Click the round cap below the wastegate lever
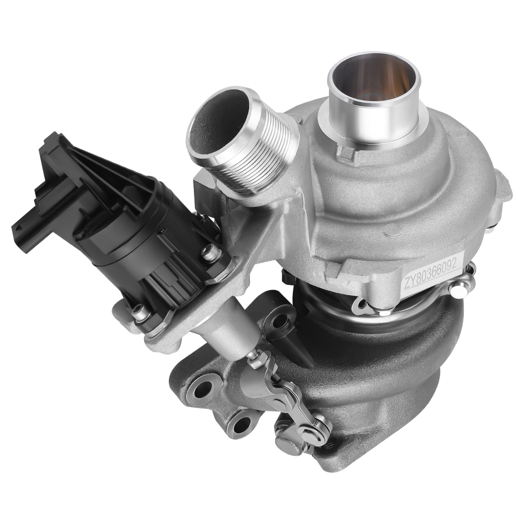pyautogui.click(x=286, y=446)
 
